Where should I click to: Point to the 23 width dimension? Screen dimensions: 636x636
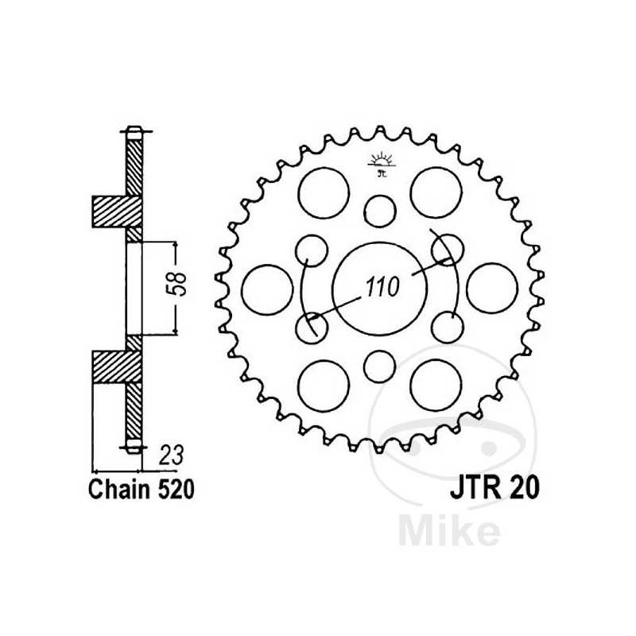click(171, 455)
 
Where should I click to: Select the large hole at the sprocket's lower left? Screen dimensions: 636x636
click(324, 384)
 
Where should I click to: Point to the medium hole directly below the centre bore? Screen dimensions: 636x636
click(380, 366)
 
